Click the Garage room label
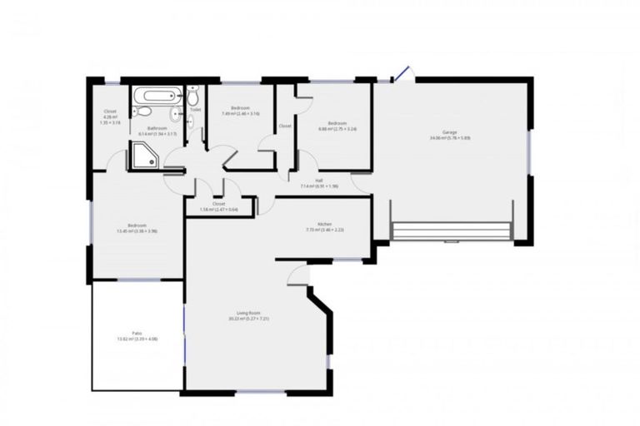coord(450,133)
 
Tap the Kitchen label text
coord(312,225)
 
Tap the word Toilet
coord(195,109)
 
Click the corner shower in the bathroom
coord(142,156)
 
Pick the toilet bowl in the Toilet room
coord(192,121)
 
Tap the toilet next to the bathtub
coord(143,111)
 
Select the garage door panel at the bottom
coord(451,230)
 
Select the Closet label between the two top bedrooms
coord(285,126)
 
